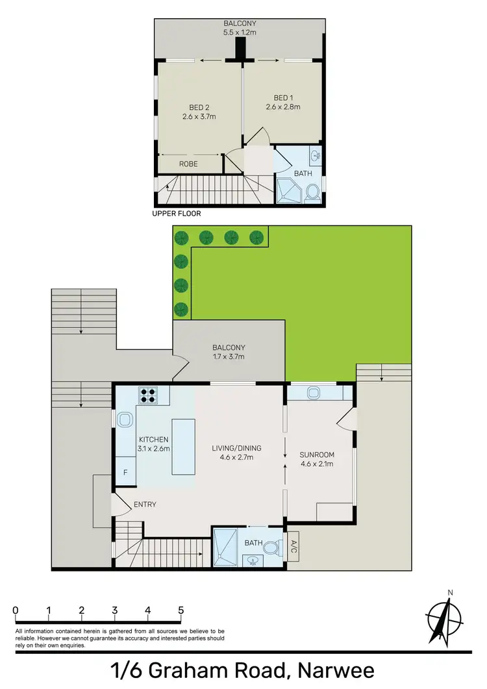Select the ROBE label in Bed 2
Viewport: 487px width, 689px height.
[x=188, y=164]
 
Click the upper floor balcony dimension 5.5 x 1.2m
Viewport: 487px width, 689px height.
[x=240, y=30]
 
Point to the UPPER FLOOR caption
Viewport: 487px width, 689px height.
[x=177, y=213]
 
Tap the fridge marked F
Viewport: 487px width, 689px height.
[x=125, y=473]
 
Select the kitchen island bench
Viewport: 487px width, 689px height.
[x=183, y=446]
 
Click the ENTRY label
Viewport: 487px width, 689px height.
[x=144, y=505]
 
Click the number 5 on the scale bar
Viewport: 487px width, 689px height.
[x=181, y=610]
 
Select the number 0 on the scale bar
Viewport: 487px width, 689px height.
[x=15, y=610]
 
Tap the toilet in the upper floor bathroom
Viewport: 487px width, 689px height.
[x=312, y=192]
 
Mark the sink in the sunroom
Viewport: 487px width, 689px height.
[x=314, y=393]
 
